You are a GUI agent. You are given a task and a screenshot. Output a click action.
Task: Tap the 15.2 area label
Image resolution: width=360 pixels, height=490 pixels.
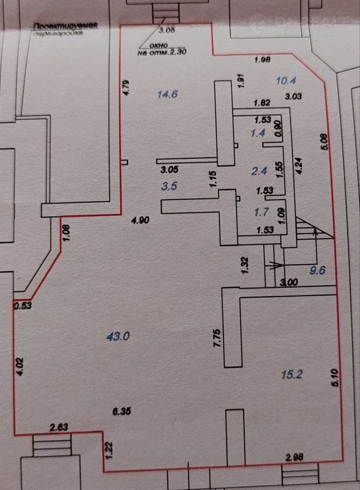coord(291,373)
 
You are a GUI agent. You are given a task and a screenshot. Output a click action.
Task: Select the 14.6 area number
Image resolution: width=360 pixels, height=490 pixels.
coord(167,95)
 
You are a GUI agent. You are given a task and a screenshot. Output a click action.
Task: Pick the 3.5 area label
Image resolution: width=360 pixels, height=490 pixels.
coord(169,186)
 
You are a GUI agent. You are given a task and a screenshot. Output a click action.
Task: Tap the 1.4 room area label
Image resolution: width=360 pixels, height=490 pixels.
coord(258,133)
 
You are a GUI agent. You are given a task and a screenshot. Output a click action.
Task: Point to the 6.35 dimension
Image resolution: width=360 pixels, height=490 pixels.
coord(122,411)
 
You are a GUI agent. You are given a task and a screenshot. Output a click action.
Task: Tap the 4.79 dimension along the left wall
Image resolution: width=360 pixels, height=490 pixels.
coord(126,87)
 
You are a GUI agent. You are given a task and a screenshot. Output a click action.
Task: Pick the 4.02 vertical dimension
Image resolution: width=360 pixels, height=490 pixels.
coord(19,366)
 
